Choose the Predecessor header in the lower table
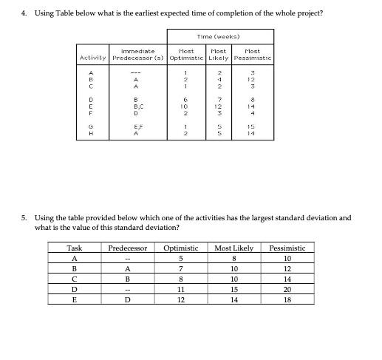[129, 248]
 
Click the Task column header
[75, 248]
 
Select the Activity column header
[92, 58]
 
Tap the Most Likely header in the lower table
[234, 248]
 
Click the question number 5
[24, 218]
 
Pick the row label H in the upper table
[91, 134]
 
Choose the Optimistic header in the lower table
[180, 248]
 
